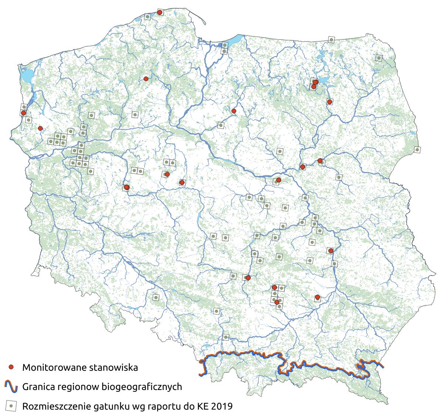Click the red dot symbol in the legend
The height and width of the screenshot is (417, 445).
click(x=11, y=367)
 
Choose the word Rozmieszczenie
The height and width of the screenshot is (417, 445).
click(x=58, y=407)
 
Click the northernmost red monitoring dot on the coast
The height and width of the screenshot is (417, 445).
click(x=160, y=13)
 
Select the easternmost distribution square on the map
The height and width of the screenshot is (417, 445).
click(x=417, y=149)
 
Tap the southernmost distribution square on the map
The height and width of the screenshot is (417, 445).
click(x=226, y=337)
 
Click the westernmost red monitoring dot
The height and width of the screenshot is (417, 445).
click(x=23, y=113)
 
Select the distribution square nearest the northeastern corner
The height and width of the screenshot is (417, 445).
click(x=378, y=58)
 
